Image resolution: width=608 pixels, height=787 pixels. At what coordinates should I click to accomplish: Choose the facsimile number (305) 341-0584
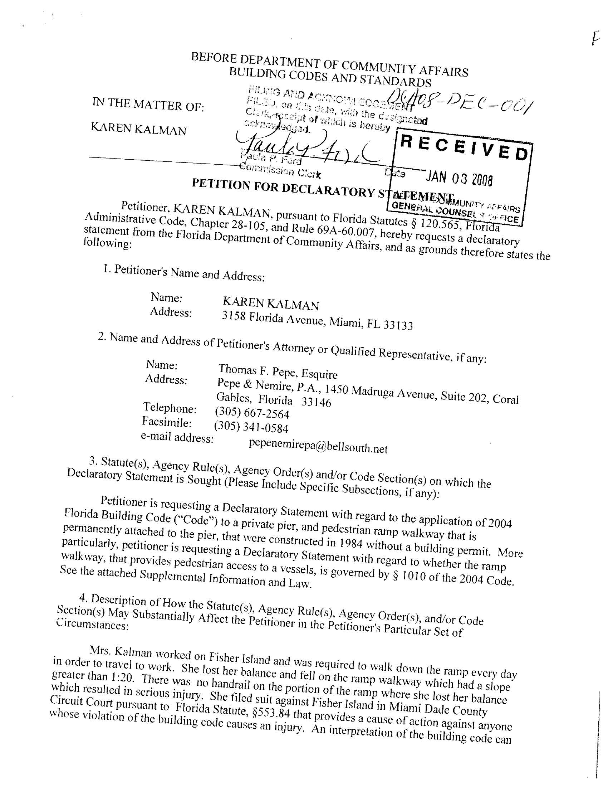coord(251,427)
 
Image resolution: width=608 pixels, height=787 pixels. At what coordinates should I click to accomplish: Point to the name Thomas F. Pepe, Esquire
coord(278,371)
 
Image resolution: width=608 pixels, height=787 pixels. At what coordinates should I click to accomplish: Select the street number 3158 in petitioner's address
coord(234,316)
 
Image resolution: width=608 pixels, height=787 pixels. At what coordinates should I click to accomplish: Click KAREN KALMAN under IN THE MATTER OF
coord(139,128)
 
